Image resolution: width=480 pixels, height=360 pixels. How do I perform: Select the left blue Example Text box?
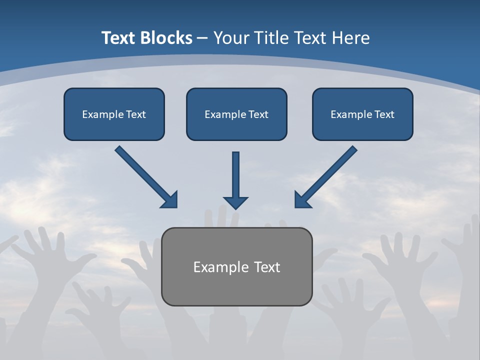pyautogui.click(x=114, y=114)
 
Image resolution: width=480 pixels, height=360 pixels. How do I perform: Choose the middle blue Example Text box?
pyautogui.click(x=236, y=114)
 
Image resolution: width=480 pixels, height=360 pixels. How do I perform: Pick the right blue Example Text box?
pyautogui.click(x=362, y=114)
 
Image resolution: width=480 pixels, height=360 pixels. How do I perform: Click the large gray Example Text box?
pyautogui.click(x=236, y=266)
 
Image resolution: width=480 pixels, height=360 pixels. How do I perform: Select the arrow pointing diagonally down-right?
pyautogui.click(x=146, y=176)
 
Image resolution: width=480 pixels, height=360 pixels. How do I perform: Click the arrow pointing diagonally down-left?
pyautogui.click(x=326, y=176)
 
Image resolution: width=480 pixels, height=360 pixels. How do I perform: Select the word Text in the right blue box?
pyautogui.click(x=384, y=114)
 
